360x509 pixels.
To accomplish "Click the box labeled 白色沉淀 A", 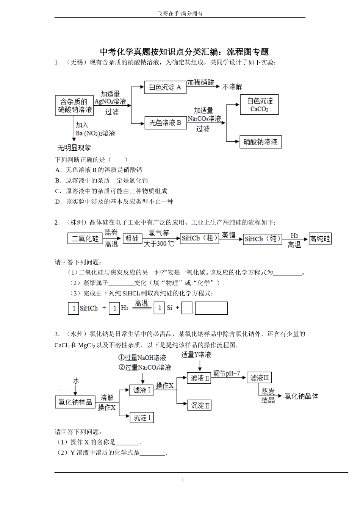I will [165, 87].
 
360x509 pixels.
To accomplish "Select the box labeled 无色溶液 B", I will [165, 123].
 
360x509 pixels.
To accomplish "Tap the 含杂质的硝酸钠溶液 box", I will [75, 106].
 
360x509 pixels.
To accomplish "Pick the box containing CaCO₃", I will [260, 105].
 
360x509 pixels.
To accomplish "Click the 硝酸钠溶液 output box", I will [260, 142].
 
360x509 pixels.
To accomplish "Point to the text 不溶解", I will [232, 87].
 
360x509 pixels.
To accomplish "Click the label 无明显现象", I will [74, 148].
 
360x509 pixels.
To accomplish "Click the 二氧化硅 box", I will [85, 239].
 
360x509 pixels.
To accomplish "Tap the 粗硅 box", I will [132, 239].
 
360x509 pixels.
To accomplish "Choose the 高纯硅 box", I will [320, 239].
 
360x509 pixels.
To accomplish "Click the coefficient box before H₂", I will [114, 308].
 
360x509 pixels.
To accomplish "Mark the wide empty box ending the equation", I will [211, 308].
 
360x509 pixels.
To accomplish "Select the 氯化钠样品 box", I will [75, 402].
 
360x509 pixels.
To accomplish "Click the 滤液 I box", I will [142, 390].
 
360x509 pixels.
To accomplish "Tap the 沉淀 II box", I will [200, 405].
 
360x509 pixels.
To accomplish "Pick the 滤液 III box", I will [259, 378].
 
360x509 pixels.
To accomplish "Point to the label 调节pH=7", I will [227, 373].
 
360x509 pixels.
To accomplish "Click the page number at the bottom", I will [183, 479].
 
